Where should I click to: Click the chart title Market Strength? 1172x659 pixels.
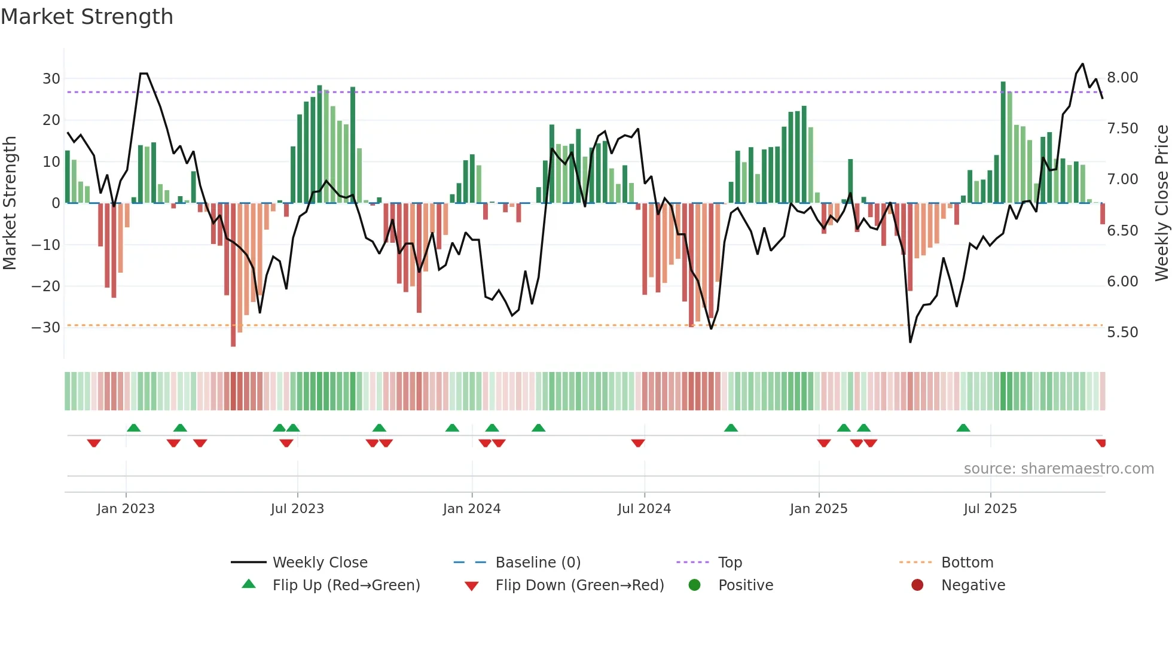tap(87, 17)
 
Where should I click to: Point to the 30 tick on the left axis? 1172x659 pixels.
tap(51, 78)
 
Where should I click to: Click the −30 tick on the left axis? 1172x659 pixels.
tap(46, 327)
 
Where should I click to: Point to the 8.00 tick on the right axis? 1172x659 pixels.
tap(1122, 78)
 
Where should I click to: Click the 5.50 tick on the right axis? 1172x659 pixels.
tap(1122, 332)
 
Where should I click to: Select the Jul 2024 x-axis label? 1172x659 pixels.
tap(644, 508)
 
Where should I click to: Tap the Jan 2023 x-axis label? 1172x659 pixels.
tap(126, 508)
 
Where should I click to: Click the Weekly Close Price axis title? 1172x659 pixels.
tap(1161, 203)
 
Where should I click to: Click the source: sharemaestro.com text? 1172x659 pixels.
tap(1058, 468)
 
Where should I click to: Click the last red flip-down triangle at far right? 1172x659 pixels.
tap(1101, 443)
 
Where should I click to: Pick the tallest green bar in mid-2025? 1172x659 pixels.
tap(1003, 144)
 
